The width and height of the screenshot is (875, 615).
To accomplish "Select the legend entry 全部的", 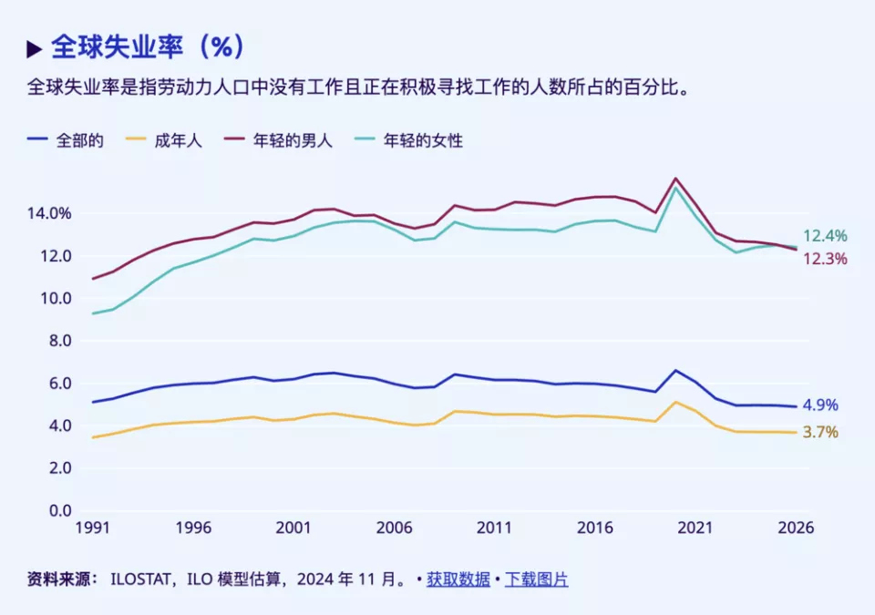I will point(79,140).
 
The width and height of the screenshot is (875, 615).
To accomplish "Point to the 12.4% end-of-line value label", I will point(825,236).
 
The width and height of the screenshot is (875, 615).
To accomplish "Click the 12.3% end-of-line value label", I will point(825,259).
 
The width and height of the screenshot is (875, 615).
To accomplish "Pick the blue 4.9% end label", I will point(820,405).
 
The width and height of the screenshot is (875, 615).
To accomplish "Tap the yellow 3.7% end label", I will point(820,432).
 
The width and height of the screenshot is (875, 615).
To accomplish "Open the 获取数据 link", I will point(458,579).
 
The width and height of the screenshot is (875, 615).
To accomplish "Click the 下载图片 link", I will point(537,579).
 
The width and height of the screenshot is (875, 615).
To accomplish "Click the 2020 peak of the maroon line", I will point(675,179).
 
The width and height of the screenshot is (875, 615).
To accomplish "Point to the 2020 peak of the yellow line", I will point(675,402).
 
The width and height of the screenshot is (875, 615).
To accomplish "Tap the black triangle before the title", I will point(35,47).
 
